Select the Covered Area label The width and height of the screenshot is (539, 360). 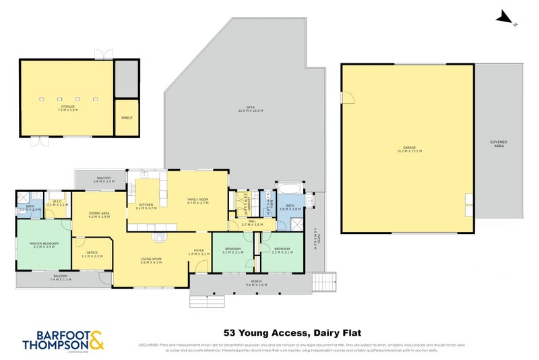[x=499, y=144]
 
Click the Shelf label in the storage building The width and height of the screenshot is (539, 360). [x=127, y=117]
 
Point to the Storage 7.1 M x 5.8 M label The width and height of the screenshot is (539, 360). [x=68, y=109]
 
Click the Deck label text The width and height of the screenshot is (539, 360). [x=251, y=109]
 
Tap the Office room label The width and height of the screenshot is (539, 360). [x=92, y=254]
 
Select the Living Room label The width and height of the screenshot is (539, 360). [x=150, y=260]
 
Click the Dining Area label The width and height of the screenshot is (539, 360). [x=99, y=215]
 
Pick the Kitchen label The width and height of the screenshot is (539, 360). [x=146, y=206]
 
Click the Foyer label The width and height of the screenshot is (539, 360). [x=199, y=251]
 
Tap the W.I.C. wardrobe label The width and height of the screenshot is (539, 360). [x=57, y=204]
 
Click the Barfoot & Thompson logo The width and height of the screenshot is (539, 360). [x=53, y=339]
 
